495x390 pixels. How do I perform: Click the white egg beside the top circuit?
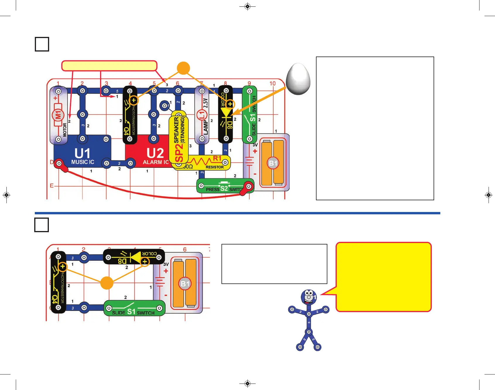pyautogui.click(x=298, y=79)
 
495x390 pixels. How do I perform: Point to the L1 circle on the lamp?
pyautogui.click(x=202, y=115)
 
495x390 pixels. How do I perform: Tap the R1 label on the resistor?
pyautogui.click(x=217, y=158)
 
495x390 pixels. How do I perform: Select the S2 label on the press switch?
pyautogui.click(x=224, y=189)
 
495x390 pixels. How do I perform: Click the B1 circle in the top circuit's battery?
pyautogui.click(x=273, y=163)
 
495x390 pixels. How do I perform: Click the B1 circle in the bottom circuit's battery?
pyautogui.click(x=185, y=283)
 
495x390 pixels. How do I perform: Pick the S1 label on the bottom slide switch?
pyautogui.click(x=131, y=312)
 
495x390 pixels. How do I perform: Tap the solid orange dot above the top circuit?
pyautogui.click(x=183, y=68)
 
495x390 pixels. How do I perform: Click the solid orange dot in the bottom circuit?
pyautogui.click(x=107, y=283)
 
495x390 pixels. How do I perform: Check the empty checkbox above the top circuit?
pyautogui.click(x=42, y=44)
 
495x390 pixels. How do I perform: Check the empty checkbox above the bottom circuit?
pyautogui.click(x=42, y=225)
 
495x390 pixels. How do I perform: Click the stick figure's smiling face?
pyautogui.click(x=308, y=297)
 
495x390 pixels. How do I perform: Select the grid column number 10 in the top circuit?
pyautogui.click(x=272, y=83)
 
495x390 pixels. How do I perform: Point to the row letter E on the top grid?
pyautogui.click(x=52, y=186)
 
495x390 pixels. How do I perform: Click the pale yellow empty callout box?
pyautogui.click(x=109, y=66)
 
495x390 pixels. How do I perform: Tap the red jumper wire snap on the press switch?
pyautogui.click(x=249, y=186)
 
